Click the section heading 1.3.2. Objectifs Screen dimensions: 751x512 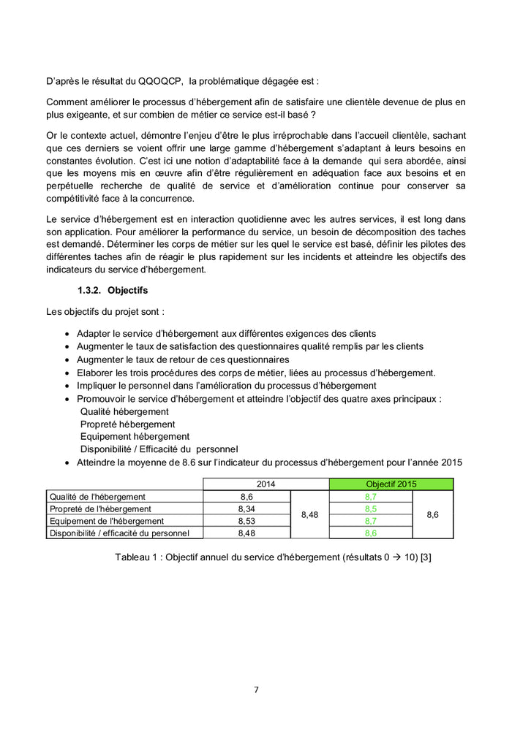(113, 290)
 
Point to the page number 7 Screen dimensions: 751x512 (256, 689)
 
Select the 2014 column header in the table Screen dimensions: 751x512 (266, 484)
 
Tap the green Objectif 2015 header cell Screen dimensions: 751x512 (391, 484)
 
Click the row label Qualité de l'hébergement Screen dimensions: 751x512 (97, 497)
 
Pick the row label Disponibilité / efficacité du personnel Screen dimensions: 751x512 (119, 533)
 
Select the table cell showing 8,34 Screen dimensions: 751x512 (246, 508)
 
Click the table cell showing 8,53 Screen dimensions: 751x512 (246, 521)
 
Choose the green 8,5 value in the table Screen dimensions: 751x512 (371, 508)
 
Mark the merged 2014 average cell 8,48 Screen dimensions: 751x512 (309, 514)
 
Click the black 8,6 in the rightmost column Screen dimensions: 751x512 (432, 514)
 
